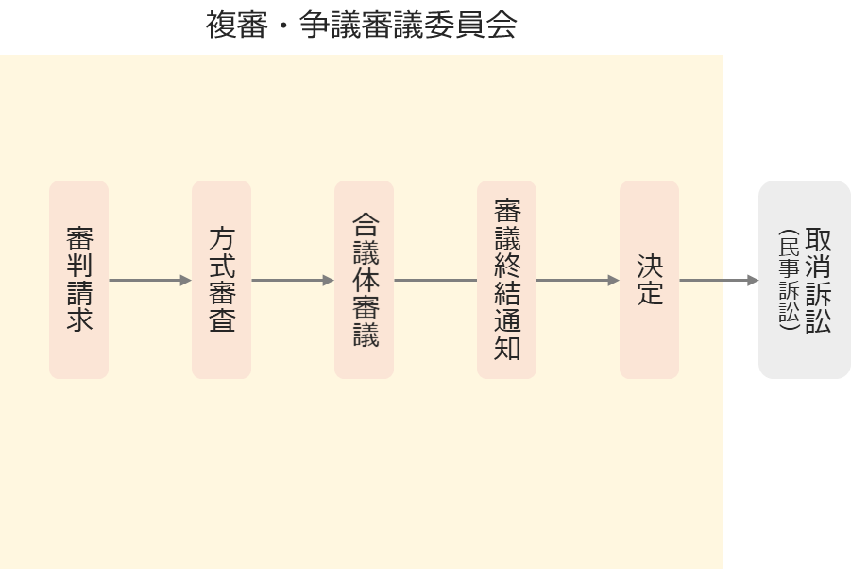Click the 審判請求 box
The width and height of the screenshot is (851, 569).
coord(78,280)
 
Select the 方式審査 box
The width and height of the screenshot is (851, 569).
coord(221,280)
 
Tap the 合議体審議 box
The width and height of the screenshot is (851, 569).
coord(365,280)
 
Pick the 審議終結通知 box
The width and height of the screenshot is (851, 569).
coord(507,280)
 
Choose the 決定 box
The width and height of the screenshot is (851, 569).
coord(650,280)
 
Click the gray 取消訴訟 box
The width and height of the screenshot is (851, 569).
coord(805,280)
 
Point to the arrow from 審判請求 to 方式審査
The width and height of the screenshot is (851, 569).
coord(150,280)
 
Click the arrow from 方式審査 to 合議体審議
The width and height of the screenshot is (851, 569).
coord(293,280)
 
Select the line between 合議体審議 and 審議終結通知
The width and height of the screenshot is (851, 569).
coord(435,280)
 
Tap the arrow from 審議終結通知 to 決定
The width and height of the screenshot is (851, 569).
coord(579,280)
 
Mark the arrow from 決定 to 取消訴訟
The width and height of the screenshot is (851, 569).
coord(719,280)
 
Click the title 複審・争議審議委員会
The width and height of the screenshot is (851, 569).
coord(361,25)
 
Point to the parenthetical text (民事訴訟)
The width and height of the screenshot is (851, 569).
coord(789,280)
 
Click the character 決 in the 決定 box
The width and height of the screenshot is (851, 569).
coord(650,266)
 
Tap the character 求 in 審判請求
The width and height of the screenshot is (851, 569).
coord(79,319)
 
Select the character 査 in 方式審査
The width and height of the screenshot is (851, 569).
coord(222,319)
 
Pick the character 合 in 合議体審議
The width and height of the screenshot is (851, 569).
coord(366,224)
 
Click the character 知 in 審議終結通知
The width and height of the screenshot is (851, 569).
coord(507,348)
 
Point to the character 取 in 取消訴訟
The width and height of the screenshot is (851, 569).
coord(819,239)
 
